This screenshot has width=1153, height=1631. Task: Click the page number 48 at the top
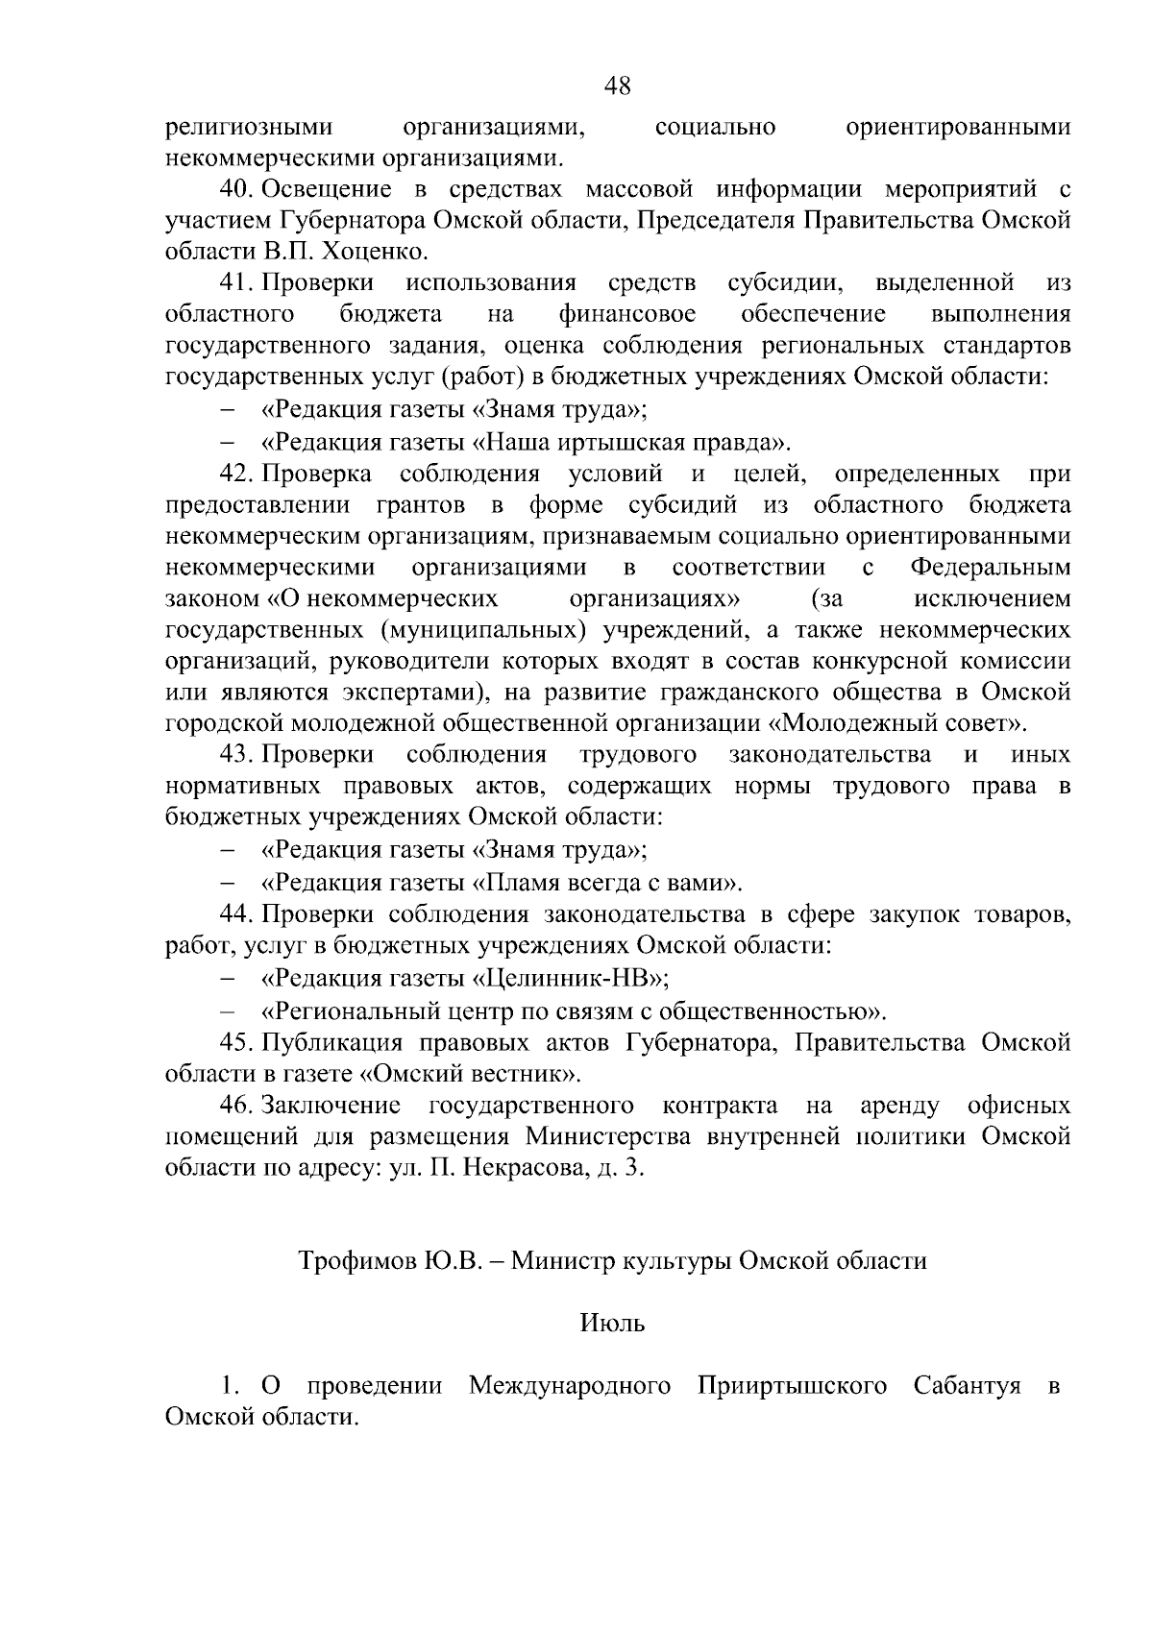tap(618, 86)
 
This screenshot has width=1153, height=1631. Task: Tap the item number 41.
tap(236, 283)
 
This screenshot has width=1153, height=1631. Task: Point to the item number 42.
tap(236, 474)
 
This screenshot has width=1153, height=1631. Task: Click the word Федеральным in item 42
tap(990, 568)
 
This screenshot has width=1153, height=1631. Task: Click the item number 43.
tap(236, 754)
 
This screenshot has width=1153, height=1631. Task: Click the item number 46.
tap(236, 1106)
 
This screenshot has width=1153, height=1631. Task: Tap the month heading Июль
tap(612, 1324)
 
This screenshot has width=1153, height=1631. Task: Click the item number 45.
tap(236, 1042)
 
